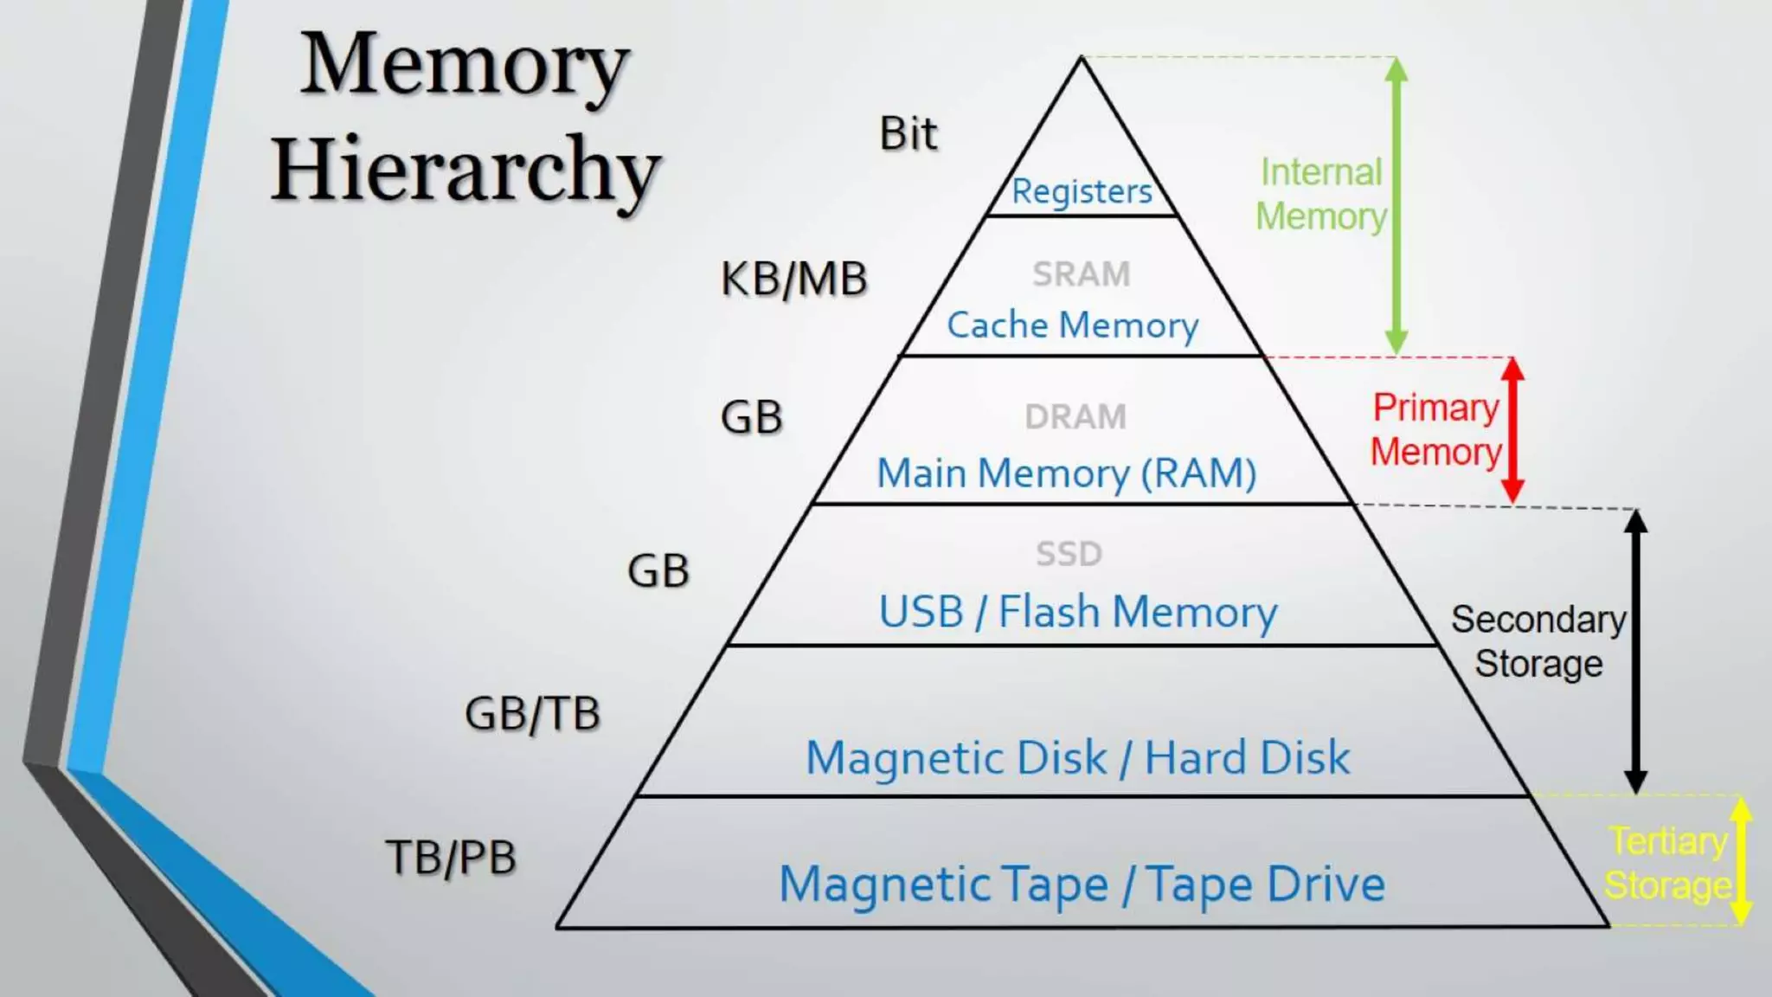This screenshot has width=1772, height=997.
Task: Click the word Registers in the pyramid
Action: click(x=1082, y=191)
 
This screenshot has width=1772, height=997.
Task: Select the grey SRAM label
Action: click(x=1082, y=274)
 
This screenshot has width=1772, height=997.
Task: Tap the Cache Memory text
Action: click(x=1072, y=325)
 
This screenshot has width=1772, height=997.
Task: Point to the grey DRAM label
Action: click(x=1075, y=417)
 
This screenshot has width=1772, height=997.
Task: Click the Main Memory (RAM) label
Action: click(x=1066, y=473)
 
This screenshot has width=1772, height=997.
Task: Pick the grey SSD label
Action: click(x=1069, y=554)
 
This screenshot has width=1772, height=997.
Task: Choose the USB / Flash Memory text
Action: click(x=1077, y=612)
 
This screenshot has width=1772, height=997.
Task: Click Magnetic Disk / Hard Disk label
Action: click(x=1077, y=758)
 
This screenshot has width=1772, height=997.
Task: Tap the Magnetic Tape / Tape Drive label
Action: click(x=1082, y=884)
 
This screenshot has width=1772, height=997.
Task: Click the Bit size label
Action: click(x=908, y=134)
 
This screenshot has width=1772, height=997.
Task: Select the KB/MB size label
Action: click(x=793, y=280)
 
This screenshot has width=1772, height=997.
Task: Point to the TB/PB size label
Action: click(x=450, y=858)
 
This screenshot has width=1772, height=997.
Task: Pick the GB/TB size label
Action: click(x=532, y=714)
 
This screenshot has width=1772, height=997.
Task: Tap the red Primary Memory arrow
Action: click(x=1512, y=429)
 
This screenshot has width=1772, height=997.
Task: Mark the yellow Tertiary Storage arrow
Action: click(x=1741, y=860)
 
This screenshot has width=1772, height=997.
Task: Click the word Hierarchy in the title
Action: click(x=465, y=170)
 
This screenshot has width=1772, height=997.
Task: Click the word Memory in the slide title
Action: click(x=464, y=65)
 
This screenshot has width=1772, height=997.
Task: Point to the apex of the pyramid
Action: click(x=1082, y=59)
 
